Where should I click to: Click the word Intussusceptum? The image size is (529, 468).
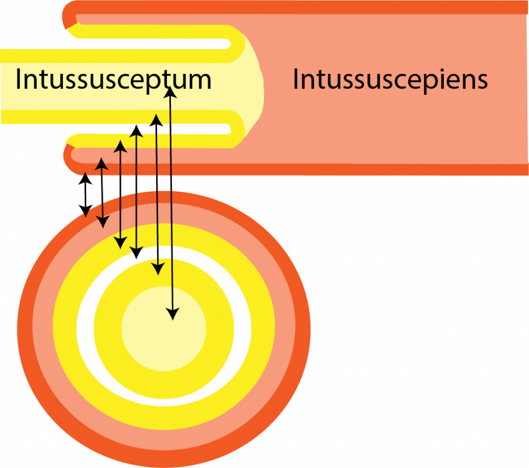tap(113, 80)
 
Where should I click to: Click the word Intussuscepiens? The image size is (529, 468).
tap(390, 80)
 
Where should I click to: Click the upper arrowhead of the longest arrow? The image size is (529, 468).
tap(170, 93)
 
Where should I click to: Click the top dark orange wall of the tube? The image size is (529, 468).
tap(310, 7)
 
